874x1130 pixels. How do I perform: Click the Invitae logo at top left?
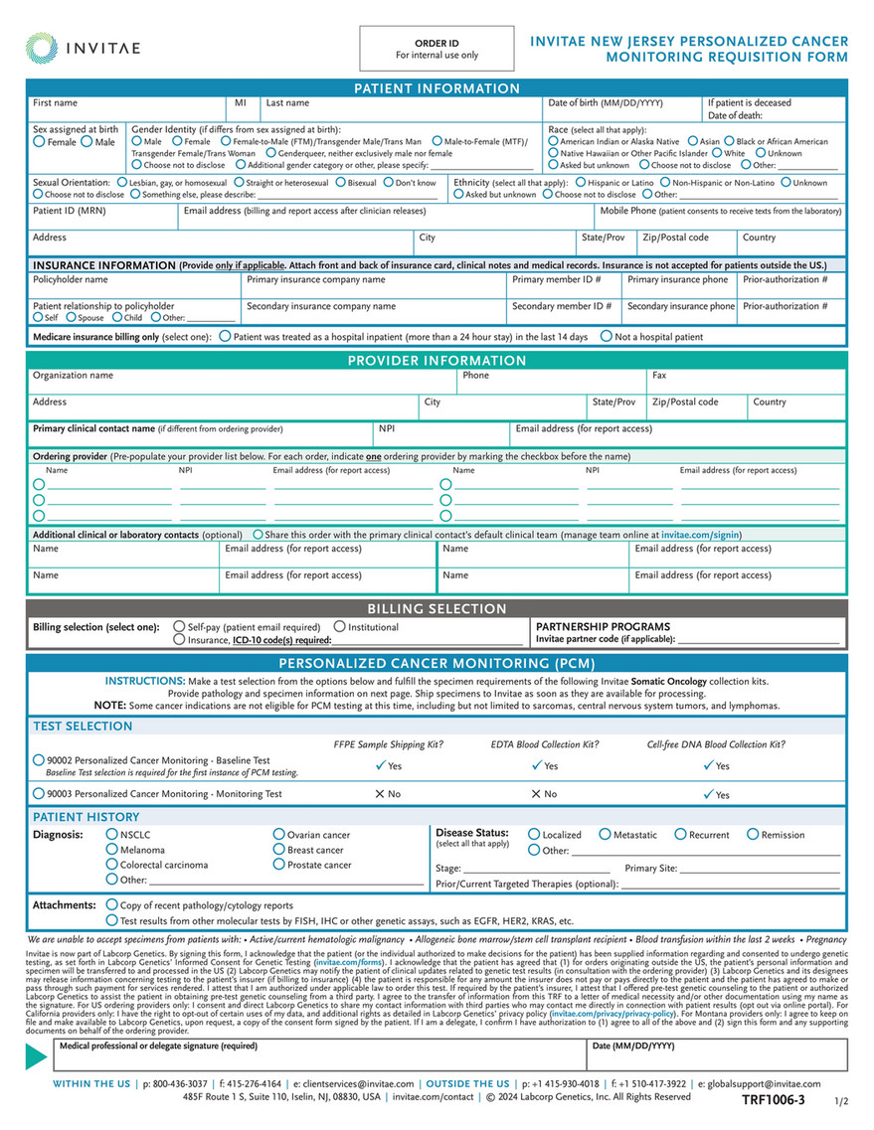pyautogui.click(x=83, y=47)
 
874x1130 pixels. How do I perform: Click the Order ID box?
pyautogui.click(x=437, y=49)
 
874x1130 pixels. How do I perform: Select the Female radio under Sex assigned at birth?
pyautogui.click(x=39, y=142)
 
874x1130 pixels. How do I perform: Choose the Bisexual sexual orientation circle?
pyautogui.click(x=341, y=183)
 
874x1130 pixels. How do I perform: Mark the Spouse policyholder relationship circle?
pyautogui.click(x=71, y=318)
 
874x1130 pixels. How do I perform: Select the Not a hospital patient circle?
pyautogui.click(x=606, y=337)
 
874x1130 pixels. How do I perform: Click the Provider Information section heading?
pyautogui.click(x=437, y=361)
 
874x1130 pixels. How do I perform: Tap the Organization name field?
pyautogui.click(x=239, y=382)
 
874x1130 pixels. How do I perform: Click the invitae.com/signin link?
pyautogui.click(x=700, y=535)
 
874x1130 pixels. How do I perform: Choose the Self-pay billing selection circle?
pyautogui.click(x=179, y=627)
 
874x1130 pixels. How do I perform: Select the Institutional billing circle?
pyautogui.click(x=340, y=627)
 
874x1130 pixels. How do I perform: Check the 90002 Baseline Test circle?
pyautogui.click(x=39, y=760)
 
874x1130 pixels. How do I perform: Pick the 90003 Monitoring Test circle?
pyautogui.click(x=39, y=794)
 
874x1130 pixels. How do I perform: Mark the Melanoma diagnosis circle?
pyautogui.click(x=111, y=850)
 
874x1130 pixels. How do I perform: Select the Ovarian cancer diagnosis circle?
pyautogui.click(x=278, y=835)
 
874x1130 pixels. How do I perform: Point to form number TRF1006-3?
pyautogui.click(x=773, y=1100)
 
